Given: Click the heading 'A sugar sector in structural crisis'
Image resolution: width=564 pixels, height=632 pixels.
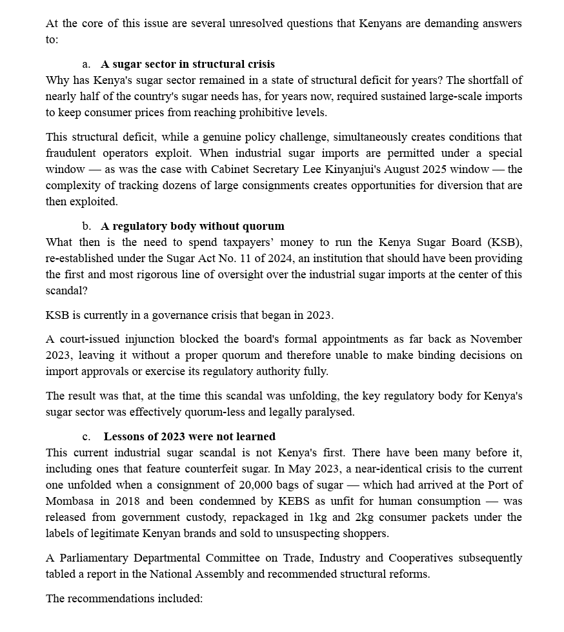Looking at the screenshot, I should (187, 64).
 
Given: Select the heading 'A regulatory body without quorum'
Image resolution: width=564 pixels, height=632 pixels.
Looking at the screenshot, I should (192, 226).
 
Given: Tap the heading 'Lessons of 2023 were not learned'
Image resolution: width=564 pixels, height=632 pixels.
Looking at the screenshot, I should (189, 436).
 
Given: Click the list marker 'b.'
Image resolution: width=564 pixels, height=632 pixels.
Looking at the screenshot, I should (86, 226).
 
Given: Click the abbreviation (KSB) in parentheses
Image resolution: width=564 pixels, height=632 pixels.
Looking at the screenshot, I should (503, 242).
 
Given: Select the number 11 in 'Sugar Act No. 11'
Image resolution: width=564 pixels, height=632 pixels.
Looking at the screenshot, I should (250, 258).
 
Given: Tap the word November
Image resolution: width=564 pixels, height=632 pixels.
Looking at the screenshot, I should (496, 339).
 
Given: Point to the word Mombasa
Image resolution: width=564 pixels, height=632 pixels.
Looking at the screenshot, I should (70, 501).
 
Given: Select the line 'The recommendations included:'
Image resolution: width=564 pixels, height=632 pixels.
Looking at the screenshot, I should (124, 598).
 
